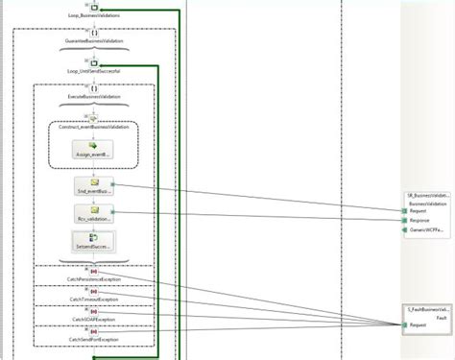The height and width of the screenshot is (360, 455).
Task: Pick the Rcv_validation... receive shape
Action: pyautogui.click(x=93, y=213)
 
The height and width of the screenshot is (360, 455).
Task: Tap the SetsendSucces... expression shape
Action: pyautogui.click(x=93, y=242)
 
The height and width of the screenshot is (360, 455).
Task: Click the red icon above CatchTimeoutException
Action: pyautogui.click(x=93, y=290)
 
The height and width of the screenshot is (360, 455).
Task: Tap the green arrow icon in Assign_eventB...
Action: pyautogui.click(x=93, y=145)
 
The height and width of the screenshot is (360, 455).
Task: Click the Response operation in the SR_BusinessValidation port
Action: pyautogui.click(x=422, y=221)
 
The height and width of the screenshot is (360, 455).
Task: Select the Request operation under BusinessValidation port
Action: pyautogui.click(x=421, y=211)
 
